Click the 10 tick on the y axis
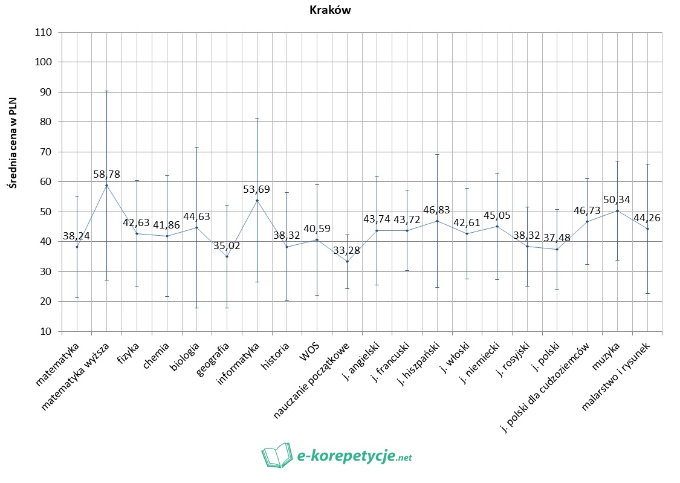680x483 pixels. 47,331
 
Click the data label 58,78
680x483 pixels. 106,174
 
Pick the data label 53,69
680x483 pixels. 256,189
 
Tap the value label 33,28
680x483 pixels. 347,250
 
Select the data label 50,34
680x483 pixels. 617,199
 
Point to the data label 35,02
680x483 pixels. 227,245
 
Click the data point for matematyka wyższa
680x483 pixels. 106,185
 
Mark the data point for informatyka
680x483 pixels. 257,200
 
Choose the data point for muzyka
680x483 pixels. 617,210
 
